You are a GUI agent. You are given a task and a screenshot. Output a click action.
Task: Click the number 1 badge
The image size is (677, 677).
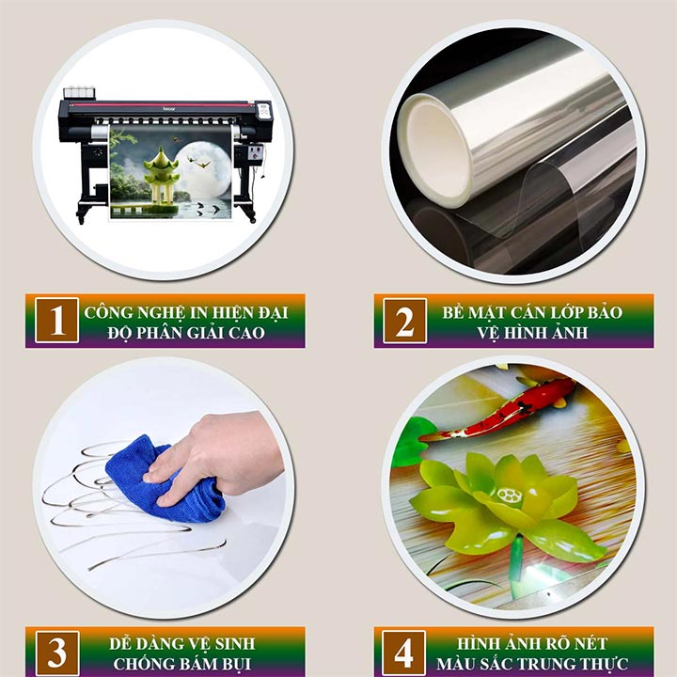click(x=56, y=321)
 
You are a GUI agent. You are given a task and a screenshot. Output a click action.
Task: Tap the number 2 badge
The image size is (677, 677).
click(x=404, y=321)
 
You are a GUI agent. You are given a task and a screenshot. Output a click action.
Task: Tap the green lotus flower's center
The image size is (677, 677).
click(x=509, y=496)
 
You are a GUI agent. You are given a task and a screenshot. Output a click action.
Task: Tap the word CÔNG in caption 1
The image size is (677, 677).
click(x=106, y=311)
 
